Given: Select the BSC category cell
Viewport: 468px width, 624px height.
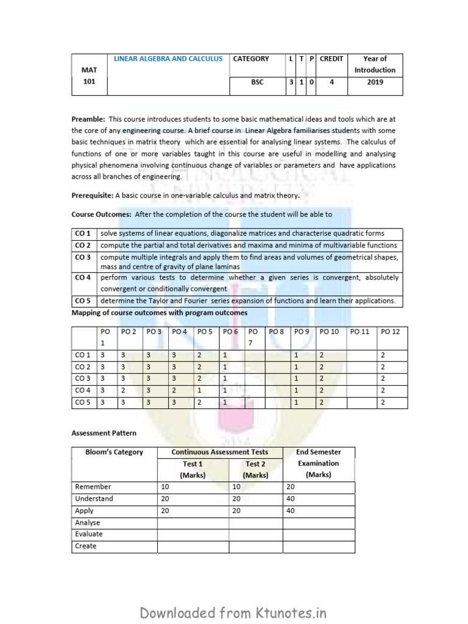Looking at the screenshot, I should tap(257, 82).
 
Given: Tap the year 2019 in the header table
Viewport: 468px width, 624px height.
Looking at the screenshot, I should tap(375, 82).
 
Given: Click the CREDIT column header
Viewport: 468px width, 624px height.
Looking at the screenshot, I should tap(331, 59).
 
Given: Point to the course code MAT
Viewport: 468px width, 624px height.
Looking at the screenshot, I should tap(89, 70).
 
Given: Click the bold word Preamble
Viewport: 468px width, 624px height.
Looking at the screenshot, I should tap(88, 119).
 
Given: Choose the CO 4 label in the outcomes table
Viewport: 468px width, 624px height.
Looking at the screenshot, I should tap(83, 277).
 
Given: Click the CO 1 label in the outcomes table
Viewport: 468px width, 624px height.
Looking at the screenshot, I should tap(83, 234).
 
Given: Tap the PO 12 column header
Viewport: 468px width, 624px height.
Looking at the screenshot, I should tap(390, 331).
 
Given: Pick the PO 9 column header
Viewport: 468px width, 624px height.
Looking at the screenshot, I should tap(302, 331).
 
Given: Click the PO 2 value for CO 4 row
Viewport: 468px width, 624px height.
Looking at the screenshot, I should tap(124, 390).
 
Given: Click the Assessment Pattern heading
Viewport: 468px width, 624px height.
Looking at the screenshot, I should tap(104, 433).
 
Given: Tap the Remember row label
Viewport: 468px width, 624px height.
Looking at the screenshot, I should tap(93, 487).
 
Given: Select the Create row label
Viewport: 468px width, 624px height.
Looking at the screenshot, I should tap(86, 546).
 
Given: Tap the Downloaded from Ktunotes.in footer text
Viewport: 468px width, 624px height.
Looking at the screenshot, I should tap(234, 612).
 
